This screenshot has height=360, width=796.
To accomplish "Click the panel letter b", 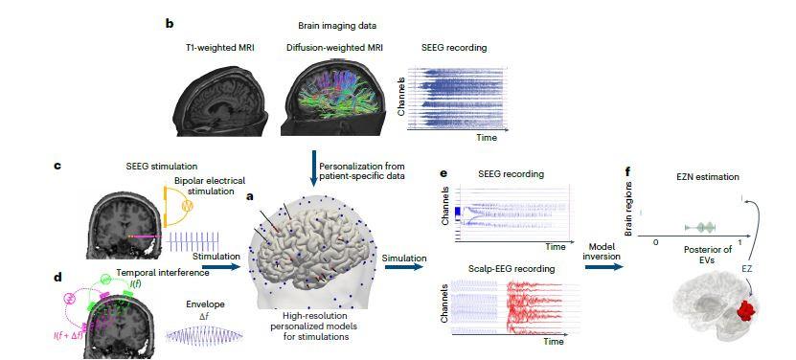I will [x=170, y=22].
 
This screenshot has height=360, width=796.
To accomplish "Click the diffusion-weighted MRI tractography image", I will [x=336, y=96].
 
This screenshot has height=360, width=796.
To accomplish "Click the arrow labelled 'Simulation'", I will [x=403, y=269].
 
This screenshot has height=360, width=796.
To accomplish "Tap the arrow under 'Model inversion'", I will [x=602, y=267].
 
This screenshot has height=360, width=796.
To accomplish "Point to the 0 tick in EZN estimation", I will [x=656, y=242].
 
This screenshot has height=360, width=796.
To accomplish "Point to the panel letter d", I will [x=57, y=278].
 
